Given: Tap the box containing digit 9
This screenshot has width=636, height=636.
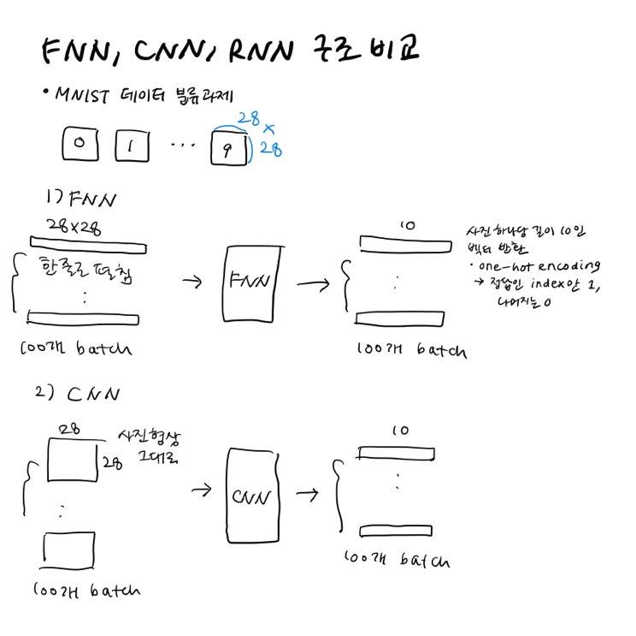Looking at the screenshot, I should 228,147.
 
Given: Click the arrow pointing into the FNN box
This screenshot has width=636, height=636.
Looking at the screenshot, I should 194,281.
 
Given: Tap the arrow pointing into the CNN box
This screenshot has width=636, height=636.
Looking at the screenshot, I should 202,490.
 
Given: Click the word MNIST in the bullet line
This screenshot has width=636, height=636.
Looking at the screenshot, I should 85,96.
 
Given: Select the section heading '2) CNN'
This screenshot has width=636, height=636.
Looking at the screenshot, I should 81,395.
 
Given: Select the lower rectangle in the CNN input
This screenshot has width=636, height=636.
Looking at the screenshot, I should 70,550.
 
